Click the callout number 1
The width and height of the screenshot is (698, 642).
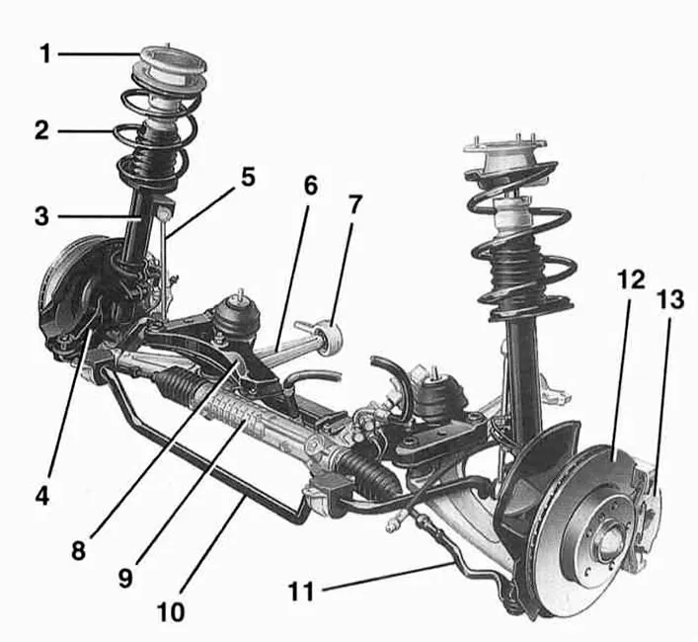[44, 53]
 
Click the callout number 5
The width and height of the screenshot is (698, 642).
[246, 177]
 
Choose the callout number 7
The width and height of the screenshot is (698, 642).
[354, 205]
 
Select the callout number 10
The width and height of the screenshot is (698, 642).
[170, 612]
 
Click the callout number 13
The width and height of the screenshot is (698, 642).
[670, 301]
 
